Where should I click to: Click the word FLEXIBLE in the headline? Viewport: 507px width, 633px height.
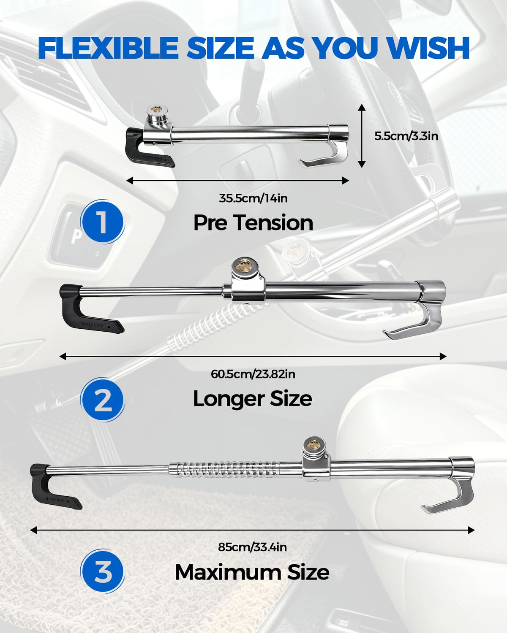(108, 48)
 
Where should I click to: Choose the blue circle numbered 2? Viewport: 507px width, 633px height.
(102, 400)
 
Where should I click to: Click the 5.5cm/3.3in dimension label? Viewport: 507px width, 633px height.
(406, 136)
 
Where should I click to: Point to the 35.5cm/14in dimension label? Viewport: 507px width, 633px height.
(253, 198)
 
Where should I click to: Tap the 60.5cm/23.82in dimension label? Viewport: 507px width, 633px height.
(253, 374)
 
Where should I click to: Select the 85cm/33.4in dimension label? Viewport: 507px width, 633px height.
(253, 547)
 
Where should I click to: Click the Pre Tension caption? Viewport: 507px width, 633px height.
(253, 223)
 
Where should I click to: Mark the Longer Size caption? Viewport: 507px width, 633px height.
(253, 399)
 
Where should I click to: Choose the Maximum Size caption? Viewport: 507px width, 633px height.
(252, 572)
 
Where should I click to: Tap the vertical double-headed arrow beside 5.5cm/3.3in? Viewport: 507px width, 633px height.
(362, 136)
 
